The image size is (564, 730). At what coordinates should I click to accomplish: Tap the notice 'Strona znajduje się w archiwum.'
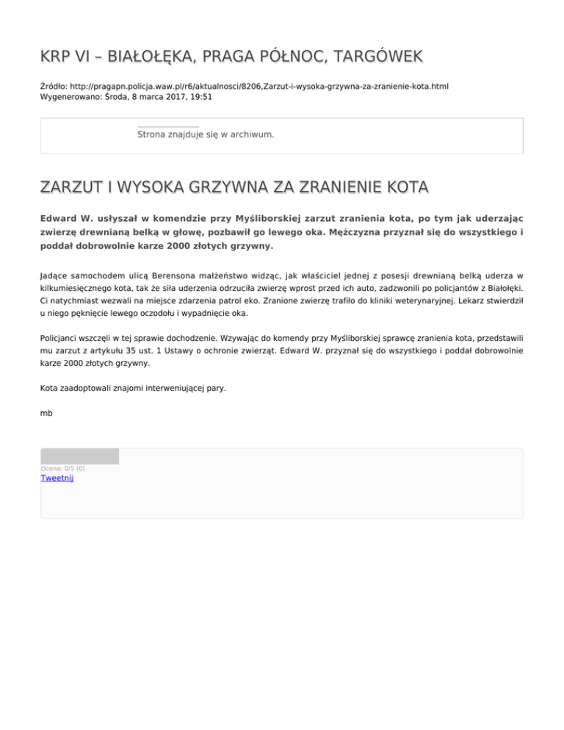pyautogui.click(x=206, y=134)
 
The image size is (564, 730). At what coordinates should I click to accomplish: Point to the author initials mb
pyautogui.click(x=46, y=413)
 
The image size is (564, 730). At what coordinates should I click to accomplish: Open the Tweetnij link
pyautogui.click(x=57, y=478)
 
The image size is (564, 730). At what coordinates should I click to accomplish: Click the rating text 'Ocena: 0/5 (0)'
pyautogui.click(x=62, y=468)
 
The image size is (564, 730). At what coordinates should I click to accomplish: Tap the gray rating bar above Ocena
pyautogui.click(x=79, y=456)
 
